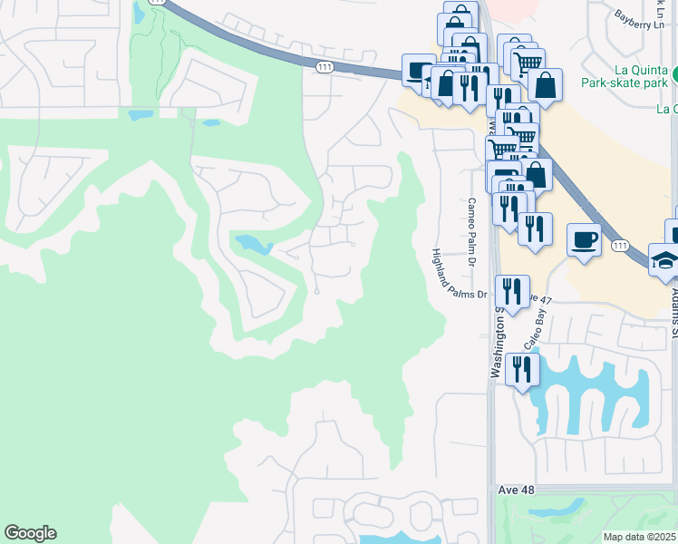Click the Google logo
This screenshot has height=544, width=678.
click(x=30, y=533)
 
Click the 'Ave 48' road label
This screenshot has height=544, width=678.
click(x=516, y=490)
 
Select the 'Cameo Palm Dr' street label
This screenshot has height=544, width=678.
click(x=471, y=230)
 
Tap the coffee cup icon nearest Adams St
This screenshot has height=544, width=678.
click(x=584, y=239)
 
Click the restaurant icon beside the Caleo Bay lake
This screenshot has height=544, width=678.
click(x=523, y=368)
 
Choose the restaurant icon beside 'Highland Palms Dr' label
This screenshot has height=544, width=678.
click(x=512, y=291)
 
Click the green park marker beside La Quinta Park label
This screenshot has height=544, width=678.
click(x=674, y=73)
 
